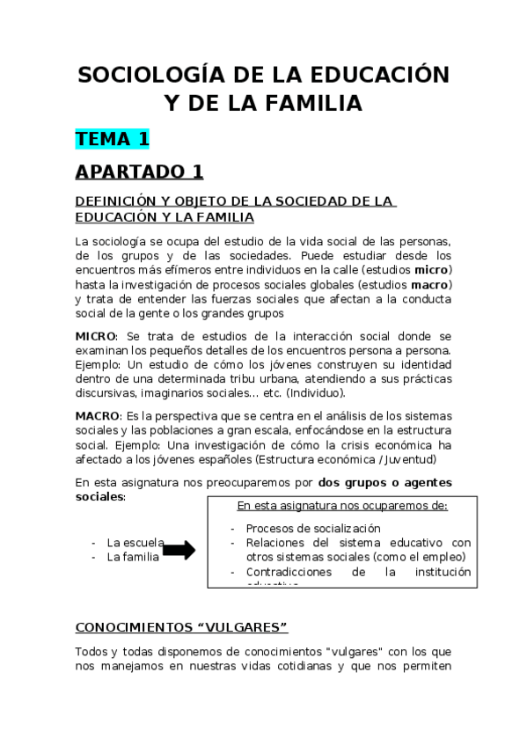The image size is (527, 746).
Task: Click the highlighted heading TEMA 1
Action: coord(113,138)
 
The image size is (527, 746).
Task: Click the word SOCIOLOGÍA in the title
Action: coord(142,74)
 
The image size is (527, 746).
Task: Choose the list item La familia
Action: coord(133,557)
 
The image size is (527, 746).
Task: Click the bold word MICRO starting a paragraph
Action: coord(95,336)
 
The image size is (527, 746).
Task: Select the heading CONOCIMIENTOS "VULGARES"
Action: coord(182,627)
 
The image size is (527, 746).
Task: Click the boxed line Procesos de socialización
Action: coord(313,529)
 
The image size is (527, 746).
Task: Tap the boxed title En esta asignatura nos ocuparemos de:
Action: coord(342,506)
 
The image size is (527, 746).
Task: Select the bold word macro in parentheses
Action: coord(430,284)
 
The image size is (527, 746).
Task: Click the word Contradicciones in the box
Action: coord(287,572)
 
